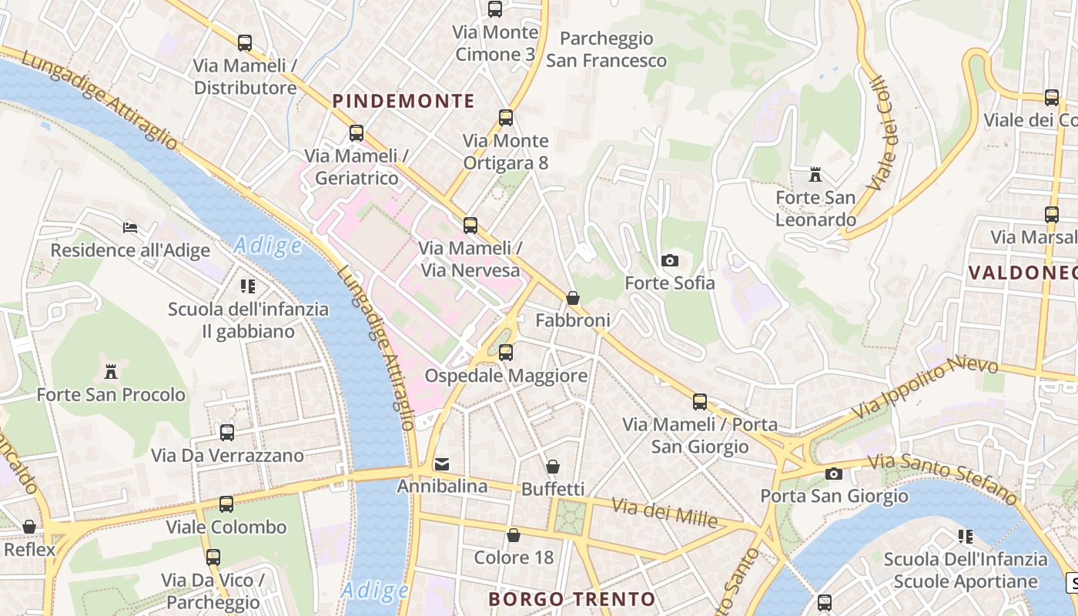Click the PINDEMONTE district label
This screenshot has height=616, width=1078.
click(x=403, y=101)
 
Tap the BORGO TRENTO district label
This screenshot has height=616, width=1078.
click(x=572, y=599)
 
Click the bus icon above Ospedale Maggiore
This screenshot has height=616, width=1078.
click(x=506, y=353)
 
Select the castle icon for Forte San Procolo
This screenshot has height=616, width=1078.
click(x=111, y=372)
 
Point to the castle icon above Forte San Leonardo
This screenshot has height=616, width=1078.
click(x=815, y=175)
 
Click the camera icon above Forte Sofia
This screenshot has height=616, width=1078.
click(x=670, y=260)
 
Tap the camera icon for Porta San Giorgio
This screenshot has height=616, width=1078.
click(x=834, y=474)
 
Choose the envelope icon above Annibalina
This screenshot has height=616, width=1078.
click(x=442, y=464)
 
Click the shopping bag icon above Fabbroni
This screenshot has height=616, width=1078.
click(x=573, y=298)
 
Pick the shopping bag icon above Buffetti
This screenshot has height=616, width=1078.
click(x=553, y=467)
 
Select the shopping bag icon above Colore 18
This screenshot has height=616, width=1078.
click(x=514, y=535)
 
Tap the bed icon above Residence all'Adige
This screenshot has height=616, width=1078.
click(x=130, y=228)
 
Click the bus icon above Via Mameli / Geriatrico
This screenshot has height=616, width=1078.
click(x=356, y=133)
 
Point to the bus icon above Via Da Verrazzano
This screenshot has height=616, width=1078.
click(x=227, y=433)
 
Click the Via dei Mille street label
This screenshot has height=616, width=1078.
click(x=665, y=513)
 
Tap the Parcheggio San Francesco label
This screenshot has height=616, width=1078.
click(x=606, y=49)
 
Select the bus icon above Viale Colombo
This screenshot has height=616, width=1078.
click(x=226, y=504)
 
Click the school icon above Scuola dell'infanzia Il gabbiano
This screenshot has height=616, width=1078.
click(x=248, y=287)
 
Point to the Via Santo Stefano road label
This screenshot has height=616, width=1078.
click(x=943, y=475)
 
